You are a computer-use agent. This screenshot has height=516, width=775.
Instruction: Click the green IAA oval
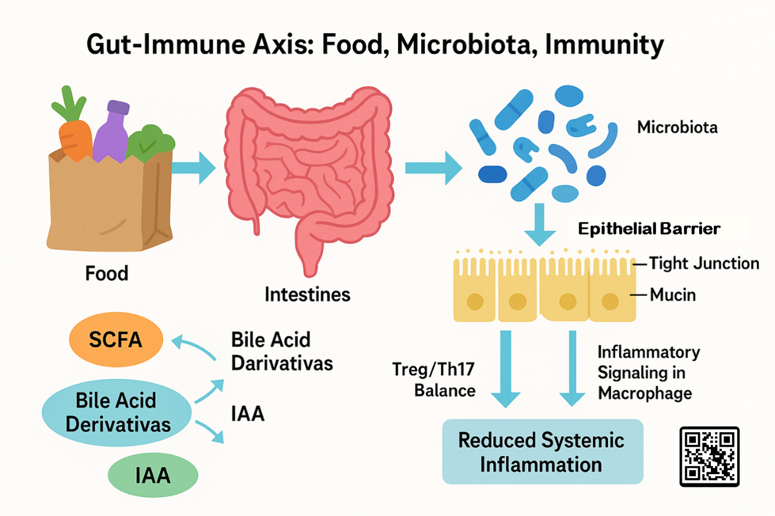[x=153, y=475]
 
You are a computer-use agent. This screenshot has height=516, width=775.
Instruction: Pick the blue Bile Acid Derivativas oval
[x=118, y=412]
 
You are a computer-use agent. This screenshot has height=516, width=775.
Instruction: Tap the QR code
[x=709, y=457]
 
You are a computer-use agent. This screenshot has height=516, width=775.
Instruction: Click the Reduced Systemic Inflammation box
[x=542, y=451]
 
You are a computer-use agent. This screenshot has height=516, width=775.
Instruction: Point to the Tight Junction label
[x=704, y=264]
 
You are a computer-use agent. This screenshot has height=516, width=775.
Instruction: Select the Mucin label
[x=672, y=295]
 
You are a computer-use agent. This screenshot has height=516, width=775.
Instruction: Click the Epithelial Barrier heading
[x=649, y=229]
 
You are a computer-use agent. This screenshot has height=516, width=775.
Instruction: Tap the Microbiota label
[x=677, y=126]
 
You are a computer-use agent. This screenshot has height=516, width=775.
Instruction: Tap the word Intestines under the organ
[x=308, y=294]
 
